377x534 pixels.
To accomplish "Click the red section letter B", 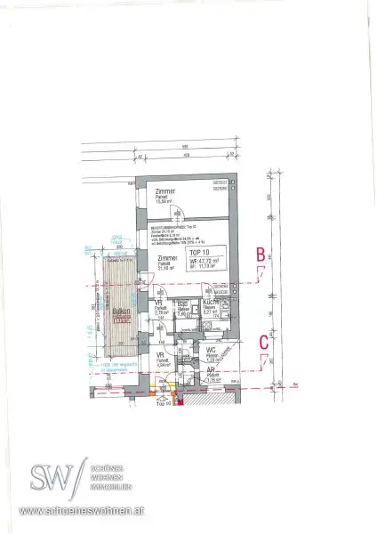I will pos(261,255).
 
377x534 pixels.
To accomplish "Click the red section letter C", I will pos(263,340).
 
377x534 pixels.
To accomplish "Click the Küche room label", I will pos(212,303).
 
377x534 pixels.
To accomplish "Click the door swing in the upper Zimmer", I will pos(177,213).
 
